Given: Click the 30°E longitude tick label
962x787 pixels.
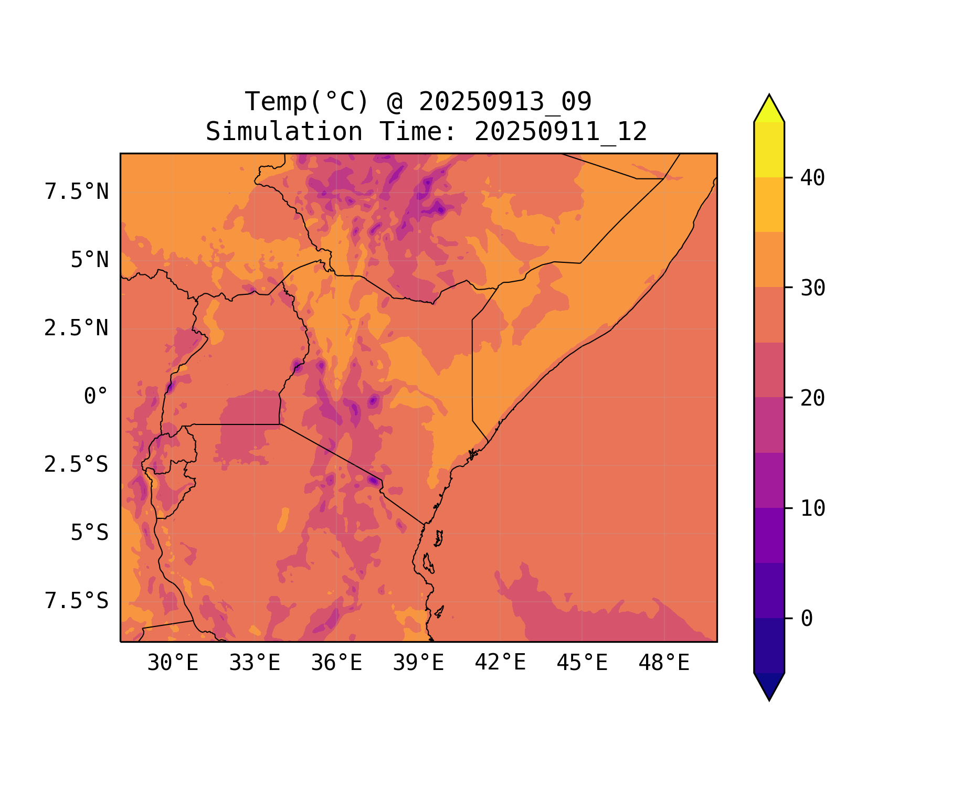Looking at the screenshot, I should [173, 663].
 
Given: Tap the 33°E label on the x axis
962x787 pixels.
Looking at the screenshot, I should [255, 663].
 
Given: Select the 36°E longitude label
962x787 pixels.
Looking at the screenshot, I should [336, 663].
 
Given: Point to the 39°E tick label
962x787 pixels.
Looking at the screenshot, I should [418, 663].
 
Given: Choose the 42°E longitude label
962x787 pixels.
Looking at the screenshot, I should [500, 663].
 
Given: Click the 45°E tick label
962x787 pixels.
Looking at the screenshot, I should [582, 663].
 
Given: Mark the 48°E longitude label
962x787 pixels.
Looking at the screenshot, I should [664, 663].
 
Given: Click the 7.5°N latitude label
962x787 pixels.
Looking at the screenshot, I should [77, 192].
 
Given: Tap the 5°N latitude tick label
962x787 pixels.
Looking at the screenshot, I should [89, 260].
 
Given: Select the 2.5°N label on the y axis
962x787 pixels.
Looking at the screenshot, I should [76, 328].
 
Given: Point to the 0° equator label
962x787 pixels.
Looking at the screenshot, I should [96, 397].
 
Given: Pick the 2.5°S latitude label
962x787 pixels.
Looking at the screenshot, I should [76, 465].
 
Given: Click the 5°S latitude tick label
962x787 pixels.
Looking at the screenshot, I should [89, 533].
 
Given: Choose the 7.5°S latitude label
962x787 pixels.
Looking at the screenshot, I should [77, 601].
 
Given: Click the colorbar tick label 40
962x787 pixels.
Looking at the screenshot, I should [812, 178].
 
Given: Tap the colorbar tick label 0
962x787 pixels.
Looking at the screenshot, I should [807, 619].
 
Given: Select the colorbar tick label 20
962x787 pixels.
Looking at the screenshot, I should [812, 398].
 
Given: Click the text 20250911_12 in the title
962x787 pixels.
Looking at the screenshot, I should [561, 132].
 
